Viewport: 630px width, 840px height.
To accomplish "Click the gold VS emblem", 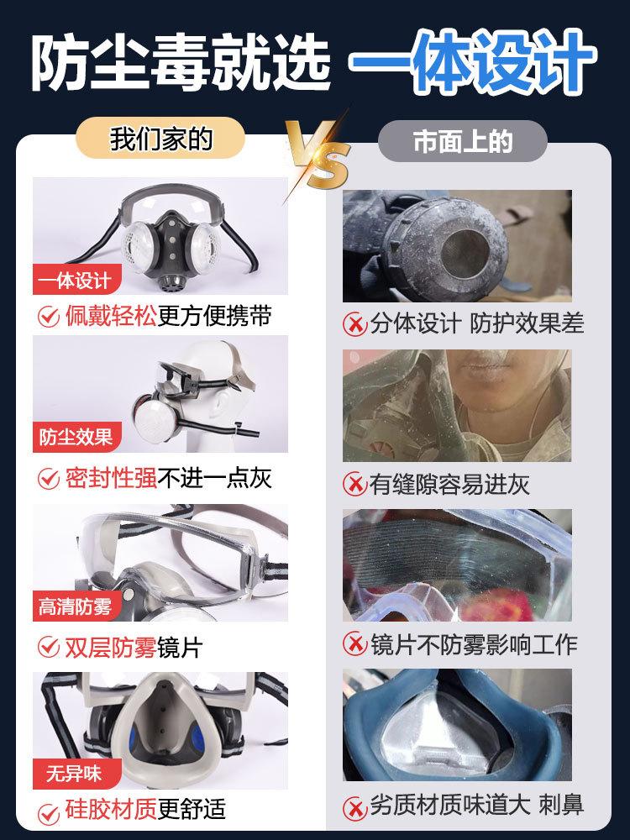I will tap(317, 154).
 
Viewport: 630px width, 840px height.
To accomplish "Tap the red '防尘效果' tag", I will tap(76, 438).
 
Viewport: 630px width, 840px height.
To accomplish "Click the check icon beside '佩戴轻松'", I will tap(49, 316).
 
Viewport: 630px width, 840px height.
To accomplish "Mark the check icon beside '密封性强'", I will tap(49, 479).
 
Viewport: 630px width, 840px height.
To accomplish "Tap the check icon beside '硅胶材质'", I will tap(49, 810).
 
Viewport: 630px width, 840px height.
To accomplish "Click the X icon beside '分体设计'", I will tap(354, 323).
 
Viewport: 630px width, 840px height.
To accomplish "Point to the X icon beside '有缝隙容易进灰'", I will tap(354, 484).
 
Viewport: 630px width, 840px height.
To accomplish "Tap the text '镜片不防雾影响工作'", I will tap(474, 644).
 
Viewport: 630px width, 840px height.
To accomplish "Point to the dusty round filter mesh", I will tap(460, 255).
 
